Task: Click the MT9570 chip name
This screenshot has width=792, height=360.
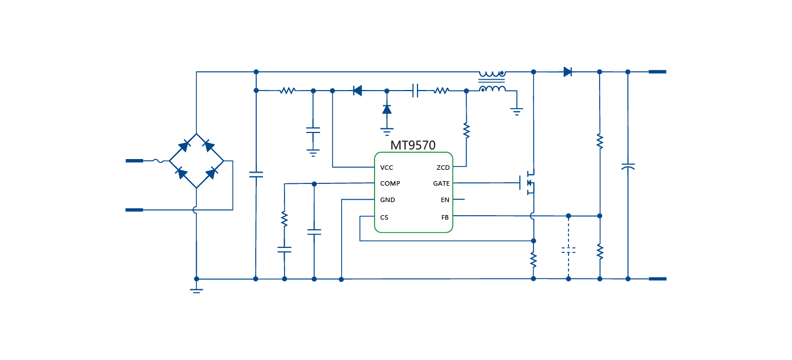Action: point(413,145)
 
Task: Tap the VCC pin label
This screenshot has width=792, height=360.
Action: point(387,168)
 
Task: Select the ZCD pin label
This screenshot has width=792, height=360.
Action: point(443,168)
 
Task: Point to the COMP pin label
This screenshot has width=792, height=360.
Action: point(390,183)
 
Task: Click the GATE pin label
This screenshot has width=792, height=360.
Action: point(441,183)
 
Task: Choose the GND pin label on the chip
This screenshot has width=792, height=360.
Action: point(388,200)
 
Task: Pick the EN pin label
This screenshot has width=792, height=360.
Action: point(445,200)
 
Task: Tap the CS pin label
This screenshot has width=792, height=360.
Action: point(384,217)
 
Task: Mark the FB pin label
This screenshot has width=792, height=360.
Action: point(445,217)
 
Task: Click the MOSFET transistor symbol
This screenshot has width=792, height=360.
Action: point(528,183)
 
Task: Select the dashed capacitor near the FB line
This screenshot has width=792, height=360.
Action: point(569,249)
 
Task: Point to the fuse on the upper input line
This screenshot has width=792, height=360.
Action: point(159,161)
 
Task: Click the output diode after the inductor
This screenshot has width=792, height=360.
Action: point(567,72)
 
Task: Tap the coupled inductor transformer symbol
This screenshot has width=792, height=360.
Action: point(492,81)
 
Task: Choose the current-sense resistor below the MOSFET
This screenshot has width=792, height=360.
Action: point(533,260)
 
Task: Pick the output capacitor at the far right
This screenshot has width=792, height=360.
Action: point(628,167)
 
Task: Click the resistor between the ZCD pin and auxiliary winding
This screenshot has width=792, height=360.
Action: point(466,131)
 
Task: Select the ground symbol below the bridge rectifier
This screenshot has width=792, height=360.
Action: point(196,290)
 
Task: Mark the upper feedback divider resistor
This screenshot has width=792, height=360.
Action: point(600,141)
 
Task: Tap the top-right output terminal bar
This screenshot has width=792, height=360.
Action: point(657,72)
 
